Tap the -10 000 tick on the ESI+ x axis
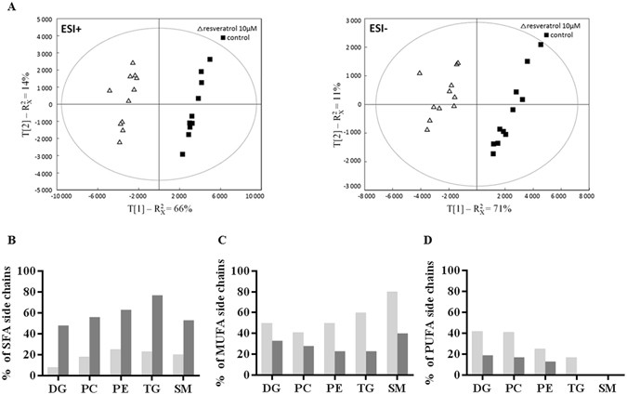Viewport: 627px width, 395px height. pyautogui.click(x=61, y=196)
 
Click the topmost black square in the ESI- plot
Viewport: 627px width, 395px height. pyautogui.click(x=541, y=44)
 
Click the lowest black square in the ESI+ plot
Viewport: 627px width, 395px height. pyautogui.click(x=183, y=154)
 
